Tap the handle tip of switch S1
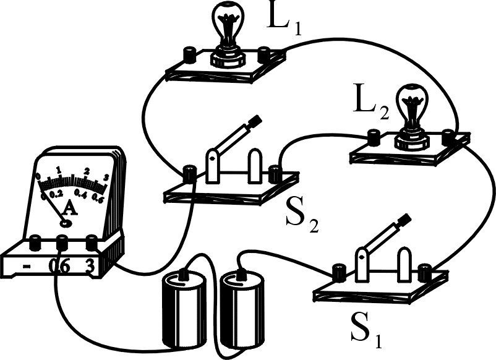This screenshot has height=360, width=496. [x=405, y=220]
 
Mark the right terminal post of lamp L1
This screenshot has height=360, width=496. [x=266, y=54]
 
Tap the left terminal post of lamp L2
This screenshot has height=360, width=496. [x=375, y=135]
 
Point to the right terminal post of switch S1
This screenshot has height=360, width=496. [x=424, y=271]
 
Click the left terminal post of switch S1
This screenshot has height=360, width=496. [x=338, y=271]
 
